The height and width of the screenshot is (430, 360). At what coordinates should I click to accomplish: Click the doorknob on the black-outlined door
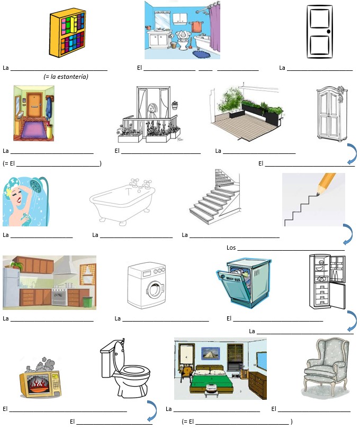328,31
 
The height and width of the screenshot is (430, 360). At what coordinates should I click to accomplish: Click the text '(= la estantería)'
66,77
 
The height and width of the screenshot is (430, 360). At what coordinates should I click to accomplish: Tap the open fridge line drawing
327,282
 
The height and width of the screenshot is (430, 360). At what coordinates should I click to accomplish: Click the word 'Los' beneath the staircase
231,248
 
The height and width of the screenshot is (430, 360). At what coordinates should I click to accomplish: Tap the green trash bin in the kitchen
87,301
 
